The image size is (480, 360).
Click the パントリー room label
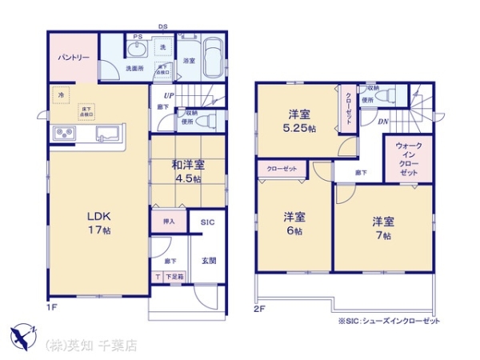coord(73,57)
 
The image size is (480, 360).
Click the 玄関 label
coord(208,261)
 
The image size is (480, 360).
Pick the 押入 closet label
coord(169,221)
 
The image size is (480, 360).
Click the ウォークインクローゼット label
coord(407,159)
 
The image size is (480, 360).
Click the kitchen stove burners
coord(63,132)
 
